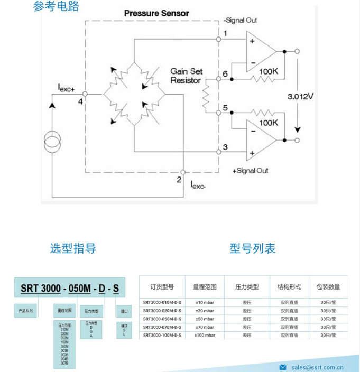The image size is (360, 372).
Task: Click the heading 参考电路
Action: point(56,6)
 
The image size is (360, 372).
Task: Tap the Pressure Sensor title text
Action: point(156,13)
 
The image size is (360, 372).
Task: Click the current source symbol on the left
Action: point(52,143)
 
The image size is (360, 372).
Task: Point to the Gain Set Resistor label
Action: point(186,76)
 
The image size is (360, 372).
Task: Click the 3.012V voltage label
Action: point(301,97)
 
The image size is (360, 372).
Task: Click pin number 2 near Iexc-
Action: point(179,180)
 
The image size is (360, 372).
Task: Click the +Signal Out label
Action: point(250,171)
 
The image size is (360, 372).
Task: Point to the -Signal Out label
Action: point(240,21)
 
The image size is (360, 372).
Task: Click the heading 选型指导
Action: point(73,248)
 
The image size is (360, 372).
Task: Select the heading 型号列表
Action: point(253,248)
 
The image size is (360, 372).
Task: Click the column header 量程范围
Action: point(205,287)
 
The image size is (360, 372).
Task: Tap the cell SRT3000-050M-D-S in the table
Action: point(162,319)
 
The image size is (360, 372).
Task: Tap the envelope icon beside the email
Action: point(283,367)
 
